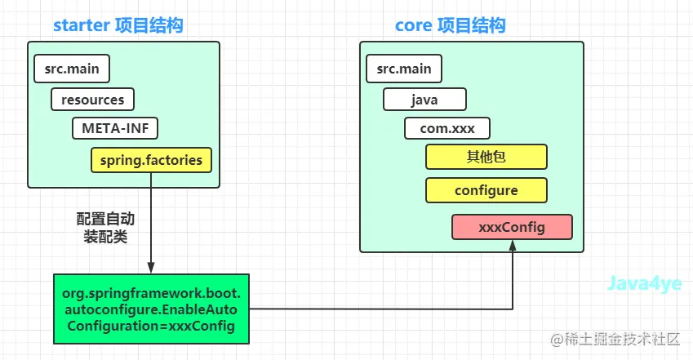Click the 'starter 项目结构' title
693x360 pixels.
pos(118,25)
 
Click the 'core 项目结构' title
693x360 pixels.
pos(450,25)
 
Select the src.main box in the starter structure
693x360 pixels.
pos(72,69)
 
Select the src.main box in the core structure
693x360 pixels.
pos(404,69)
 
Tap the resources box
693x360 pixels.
pos(92,100)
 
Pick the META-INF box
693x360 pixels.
pos(115,128)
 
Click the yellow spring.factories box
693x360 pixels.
pos(151,160)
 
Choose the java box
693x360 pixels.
pos(424,100)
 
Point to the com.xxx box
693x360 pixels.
pos(446,128)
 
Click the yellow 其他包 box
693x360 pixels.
pos(486,157)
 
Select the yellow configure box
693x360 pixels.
pos(486,190)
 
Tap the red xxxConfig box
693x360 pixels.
pos(512,227)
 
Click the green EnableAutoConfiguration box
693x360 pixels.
pos(151,309)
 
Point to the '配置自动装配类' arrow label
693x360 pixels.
pos(105,228)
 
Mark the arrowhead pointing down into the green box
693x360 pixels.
pos(151,268)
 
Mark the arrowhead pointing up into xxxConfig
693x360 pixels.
pos(513,246)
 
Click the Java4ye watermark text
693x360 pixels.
pos(644,283)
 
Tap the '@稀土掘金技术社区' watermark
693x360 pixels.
pos(615,340)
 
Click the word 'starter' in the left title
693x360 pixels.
pos(82,25)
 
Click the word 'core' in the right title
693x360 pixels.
pos(413,25)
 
